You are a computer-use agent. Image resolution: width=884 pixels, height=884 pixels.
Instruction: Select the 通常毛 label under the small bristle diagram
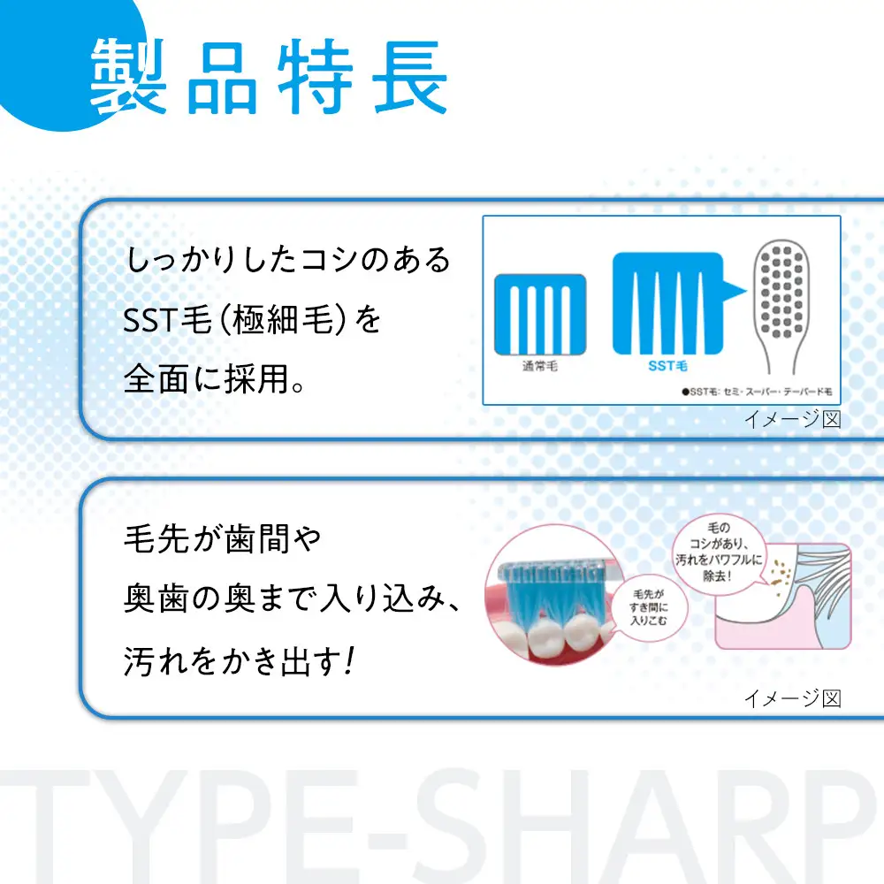click(540, 364)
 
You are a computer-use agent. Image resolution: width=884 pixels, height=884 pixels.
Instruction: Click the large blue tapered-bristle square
click(663, 301)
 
